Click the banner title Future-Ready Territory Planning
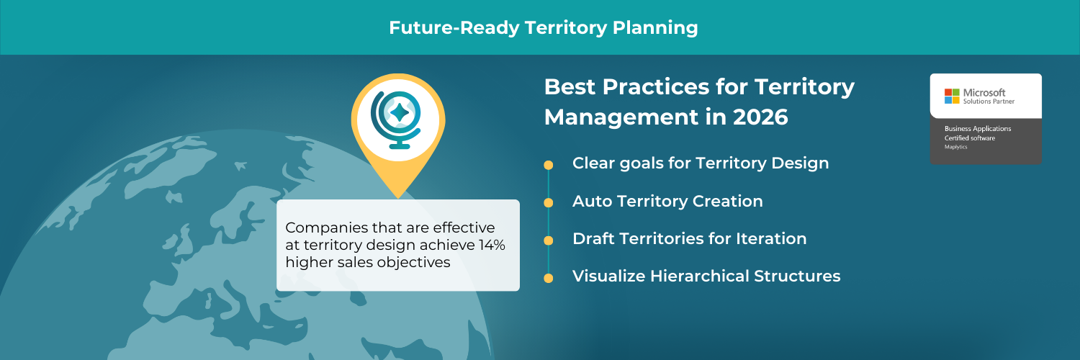click(543, 28)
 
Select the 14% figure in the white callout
click(492, 246)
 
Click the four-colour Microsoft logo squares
click(952, 96)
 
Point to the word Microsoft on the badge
click(984, 93)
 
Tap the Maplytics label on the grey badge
click(957, 146)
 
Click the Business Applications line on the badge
click(978, 128)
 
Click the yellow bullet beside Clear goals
click(549, 165)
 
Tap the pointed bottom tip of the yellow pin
click(397, 197)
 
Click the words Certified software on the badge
click(969, 138)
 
